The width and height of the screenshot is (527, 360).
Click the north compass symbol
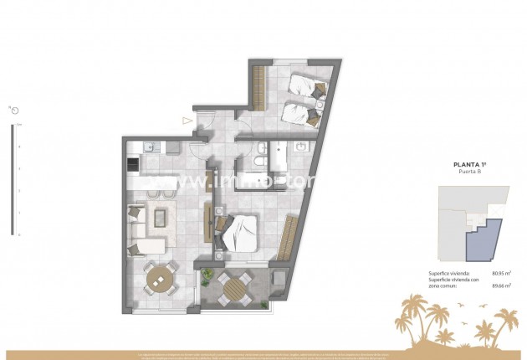[x=14, y=110]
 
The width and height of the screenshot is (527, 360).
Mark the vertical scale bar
[x=12, y=180]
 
